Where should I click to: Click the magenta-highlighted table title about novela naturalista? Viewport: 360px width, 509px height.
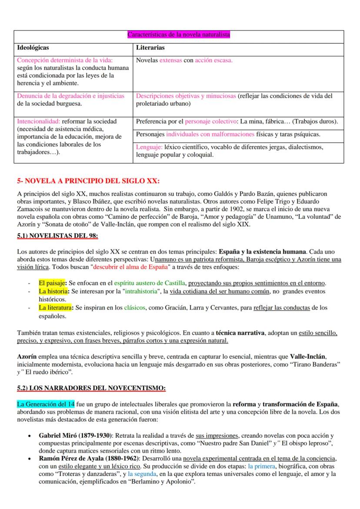coord(178,35)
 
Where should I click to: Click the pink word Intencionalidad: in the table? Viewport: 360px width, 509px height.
coord(38,121)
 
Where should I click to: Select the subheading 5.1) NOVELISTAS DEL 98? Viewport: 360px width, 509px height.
coord(57,236)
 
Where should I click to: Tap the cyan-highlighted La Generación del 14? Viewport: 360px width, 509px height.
coord(46,404)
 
